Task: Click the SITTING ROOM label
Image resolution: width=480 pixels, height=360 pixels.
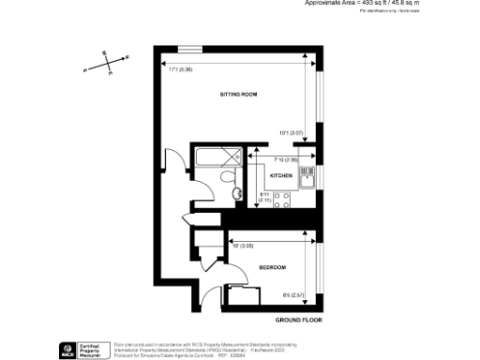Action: coord(238,96)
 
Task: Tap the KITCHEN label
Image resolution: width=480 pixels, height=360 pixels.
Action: coord(281,176)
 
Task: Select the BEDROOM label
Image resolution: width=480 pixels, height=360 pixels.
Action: coord(272,269)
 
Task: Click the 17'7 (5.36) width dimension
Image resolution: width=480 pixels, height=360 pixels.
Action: coord(180,68)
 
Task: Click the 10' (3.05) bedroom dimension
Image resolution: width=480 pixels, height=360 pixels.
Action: coord(242,246)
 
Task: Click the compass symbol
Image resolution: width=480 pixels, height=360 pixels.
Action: coord(111,63)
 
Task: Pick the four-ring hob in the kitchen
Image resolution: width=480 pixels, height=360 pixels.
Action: coord(282,198)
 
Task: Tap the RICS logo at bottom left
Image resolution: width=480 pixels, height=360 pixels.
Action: coord(68,349)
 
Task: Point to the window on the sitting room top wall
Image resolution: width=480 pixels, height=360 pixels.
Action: coord(190,46)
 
